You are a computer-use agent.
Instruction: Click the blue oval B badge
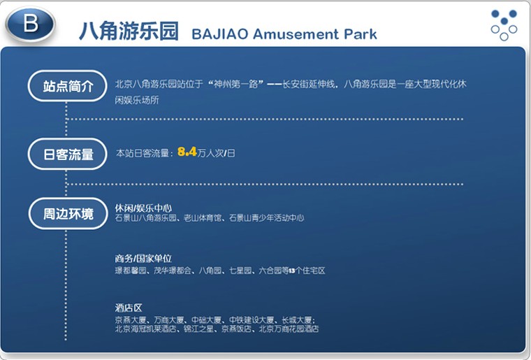[30, 24]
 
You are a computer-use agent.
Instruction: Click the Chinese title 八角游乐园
[129, 31]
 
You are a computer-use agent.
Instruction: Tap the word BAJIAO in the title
[220, 34]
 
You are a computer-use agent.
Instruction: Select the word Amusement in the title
[296, 34]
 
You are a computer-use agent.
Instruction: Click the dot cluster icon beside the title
[504, 25]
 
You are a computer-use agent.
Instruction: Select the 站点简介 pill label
[68, 86]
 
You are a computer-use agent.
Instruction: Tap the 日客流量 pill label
[68, 154]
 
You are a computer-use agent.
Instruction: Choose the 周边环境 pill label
[68, 214]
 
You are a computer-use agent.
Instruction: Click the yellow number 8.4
[187, 152]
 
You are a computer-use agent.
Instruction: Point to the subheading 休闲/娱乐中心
[143, 208]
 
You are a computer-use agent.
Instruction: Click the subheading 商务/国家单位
[143, 259]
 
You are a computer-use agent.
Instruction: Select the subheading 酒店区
[129, 308]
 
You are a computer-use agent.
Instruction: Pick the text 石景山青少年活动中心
[266, 218]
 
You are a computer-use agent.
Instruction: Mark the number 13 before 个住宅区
[292, 271]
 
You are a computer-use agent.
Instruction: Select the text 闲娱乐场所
[137, 100]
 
